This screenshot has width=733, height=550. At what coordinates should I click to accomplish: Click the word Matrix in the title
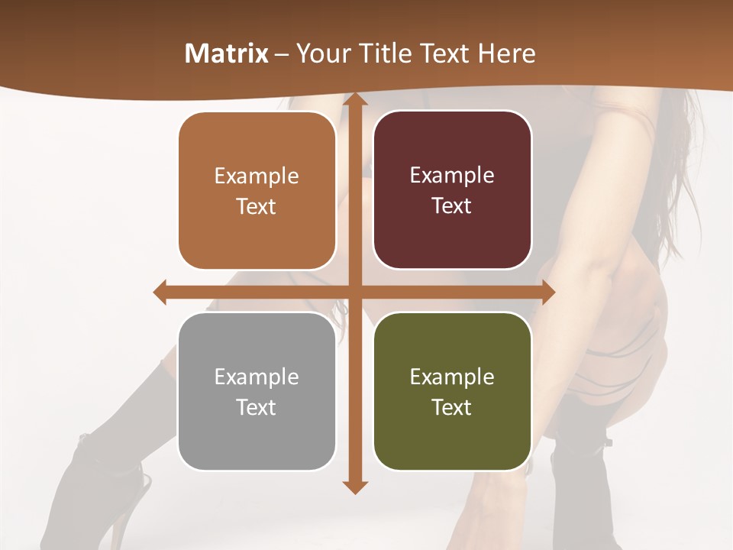pyautogui.click(x=227, y=53)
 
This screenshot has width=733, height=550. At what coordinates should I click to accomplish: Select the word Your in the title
pyautogui.click(x=320, y=53)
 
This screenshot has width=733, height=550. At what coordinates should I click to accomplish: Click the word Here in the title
pyautogui.click(x=507, y=53)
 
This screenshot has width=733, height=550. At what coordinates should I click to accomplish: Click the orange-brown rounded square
pyautogui.click(x=257, y=191)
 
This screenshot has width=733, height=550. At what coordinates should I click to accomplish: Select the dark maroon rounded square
pyautogui.click(x=452, y=190)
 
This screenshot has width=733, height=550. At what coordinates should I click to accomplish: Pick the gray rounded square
pyautogui.click(x=257, y=391)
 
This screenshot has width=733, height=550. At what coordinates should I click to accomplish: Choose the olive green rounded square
pyautogui.click(x=452, y=391)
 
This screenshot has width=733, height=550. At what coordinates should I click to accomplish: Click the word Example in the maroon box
pyautogui.click(x=452, y=175)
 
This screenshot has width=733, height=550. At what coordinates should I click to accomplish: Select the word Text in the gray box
pyautogui.click(x=256, y=407)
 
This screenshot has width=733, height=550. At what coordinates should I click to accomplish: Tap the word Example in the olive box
pyautogui.click(x=452, y=377)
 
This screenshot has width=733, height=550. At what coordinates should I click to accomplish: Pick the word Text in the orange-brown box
pyautogui.click(x=256, y=206)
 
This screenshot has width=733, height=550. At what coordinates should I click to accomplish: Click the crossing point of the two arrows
pyautogui.click(x=354, y=292)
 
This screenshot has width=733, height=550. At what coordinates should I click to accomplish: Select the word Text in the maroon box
pyautogui.click(x=452, y=205)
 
